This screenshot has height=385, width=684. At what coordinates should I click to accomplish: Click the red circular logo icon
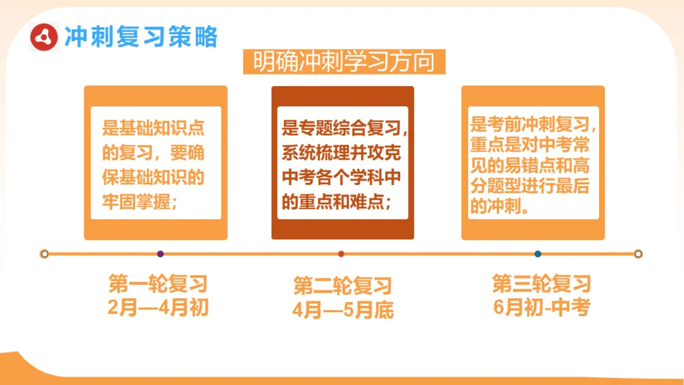44,37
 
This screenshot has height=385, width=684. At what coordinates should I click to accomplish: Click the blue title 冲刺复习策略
141,37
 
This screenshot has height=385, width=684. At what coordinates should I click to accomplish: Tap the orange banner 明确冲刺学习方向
344,62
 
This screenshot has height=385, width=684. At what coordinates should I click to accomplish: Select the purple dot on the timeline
160,254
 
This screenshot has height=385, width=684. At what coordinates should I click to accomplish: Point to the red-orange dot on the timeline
341,254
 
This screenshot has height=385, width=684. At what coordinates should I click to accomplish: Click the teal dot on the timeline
538,254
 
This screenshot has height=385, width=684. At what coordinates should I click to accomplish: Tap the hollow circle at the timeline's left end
44,254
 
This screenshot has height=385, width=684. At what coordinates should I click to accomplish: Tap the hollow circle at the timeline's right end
638,254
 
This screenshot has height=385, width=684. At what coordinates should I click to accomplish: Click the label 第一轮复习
158,284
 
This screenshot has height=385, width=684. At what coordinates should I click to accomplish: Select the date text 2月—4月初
158,308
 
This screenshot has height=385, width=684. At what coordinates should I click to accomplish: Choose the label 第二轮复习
343,286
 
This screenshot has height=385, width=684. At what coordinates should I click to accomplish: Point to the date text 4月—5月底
343,310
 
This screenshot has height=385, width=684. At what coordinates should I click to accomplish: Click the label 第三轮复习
541,283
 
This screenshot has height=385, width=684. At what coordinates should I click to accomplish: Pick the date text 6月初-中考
541,307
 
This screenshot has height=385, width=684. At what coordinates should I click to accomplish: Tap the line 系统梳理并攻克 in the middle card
341,154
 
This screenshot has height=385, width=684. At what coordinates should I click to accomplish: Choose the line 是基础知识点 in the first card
153,129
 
